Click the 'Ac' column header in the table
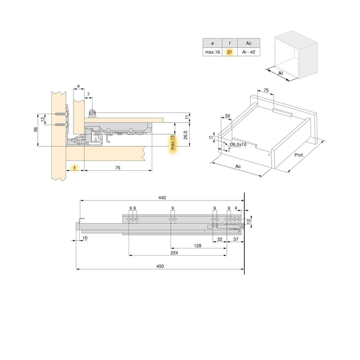click(x=249, y=43)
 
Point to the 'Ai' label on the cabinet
click(x=280, y=74)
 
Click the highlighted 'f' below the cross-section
click(x=75, y=168)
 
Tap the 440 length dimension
click(x=163, y=197)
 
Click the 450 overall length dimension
click(x=160, y=264)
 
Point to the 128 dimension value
click(x=197, y=246)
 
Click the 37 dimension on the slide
click(x=235, y=239)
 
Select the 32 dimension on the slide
click(x=220, y=239)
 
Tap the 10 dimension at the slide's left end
click(x=84, y=238)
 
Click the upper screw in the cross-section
click(x=62, y=114)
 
